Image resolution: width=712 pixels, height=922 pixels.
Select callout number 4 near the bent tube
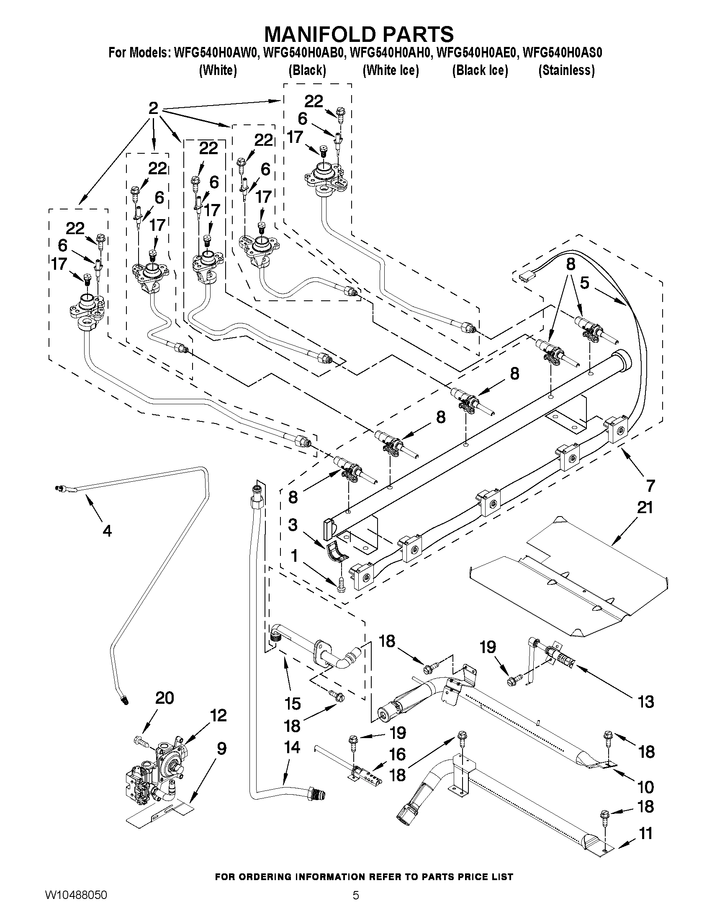[107, 531]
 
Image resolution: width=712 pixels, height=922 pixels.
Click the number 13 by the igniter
[646, 702]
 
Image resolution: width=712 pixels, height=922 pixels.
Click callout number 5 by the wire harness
[584, 283]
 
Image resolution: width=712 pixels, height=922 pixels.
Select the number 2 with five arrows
[153, 108]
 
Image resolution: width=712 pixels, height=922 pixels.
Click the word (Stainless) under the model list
[566, 70]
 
